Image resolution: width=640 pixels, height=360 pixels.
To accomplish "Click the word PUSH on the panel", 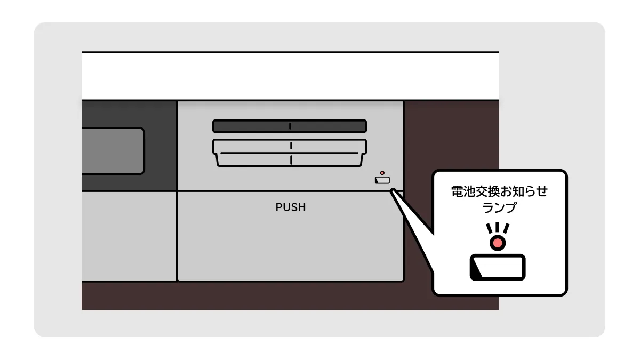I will [x=291, y=207].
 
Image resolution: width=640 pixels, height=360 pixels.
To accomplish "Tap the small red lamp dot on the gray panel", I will [x=382, y=173].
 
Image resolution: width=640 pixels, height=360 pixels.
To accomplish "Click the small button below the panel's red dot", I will [x=382, y=180].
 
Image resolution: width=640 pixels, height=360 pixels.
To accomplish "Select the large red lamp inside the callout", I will [x=498, y=243].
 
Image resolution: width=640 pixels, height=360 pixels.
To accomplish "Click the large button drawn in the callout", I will [x=498, y=267].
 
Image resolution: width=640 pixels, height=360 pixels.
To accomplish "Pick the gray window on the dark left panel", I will [x=112, y=151].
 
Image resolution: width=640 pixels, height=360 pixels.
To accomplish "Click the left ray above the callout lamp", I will [x=489, y=230].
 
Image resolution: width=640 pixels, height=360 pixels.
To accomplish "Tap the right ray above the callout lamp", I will [x=507, y=230].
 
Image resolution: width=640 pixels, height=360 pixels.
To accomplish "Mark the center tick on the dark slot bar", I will [x=290, y=126].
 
